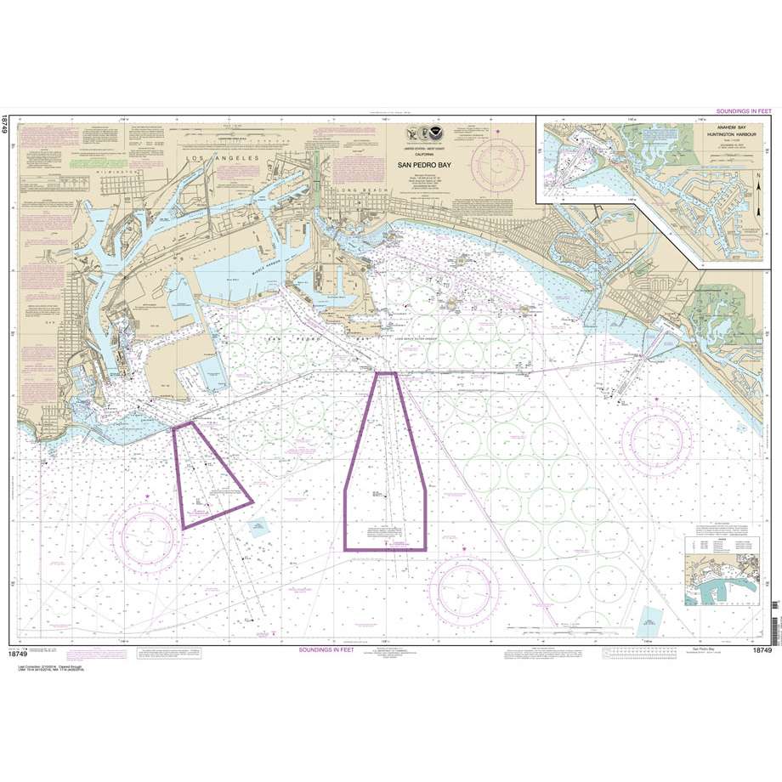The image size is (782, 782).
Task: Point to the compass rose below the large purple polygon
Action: coord(464,587)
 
